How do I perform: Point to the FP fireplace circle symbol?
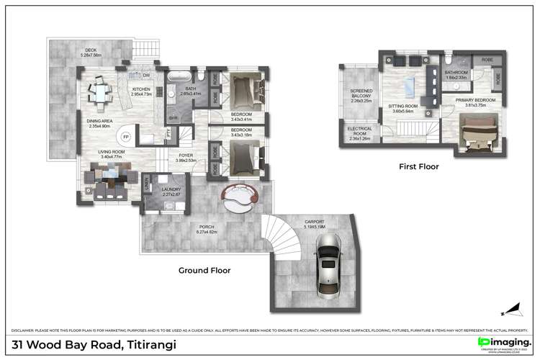(x=125, y=137)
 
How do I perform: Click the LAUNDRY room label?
(x=171, y=191)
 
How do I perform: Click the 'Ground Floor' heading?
(x=204, y=271)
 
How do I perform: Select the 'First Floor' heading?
(x=418, y=166)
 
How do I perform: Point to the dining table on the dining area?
(x=99, y=91)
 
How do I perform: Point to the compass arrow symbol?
(x=511, y=312)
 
